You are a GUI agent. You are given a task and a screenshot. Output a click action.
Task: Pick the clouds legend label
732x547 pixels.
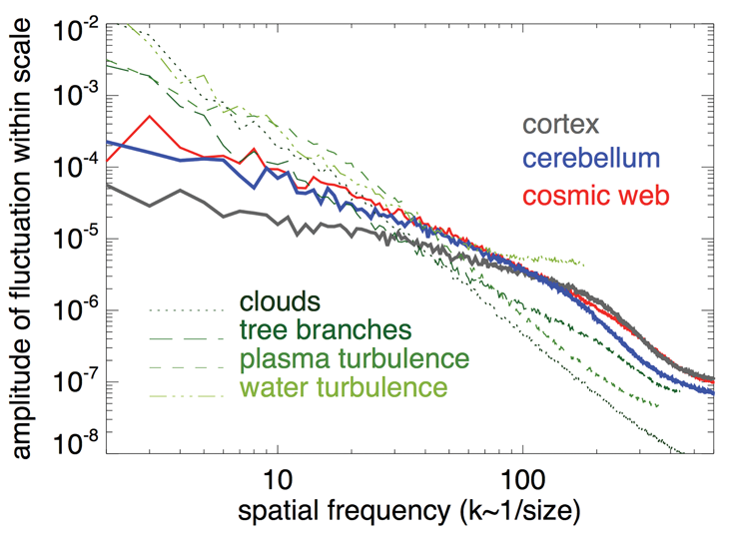[278, 300]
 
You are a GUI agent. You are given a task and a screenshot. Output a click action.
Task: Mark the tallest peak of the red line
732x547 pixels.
[150, 116]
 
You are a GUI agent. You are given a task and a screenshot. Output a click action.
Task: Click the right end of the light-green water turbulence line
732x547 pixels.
[583, 265]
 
